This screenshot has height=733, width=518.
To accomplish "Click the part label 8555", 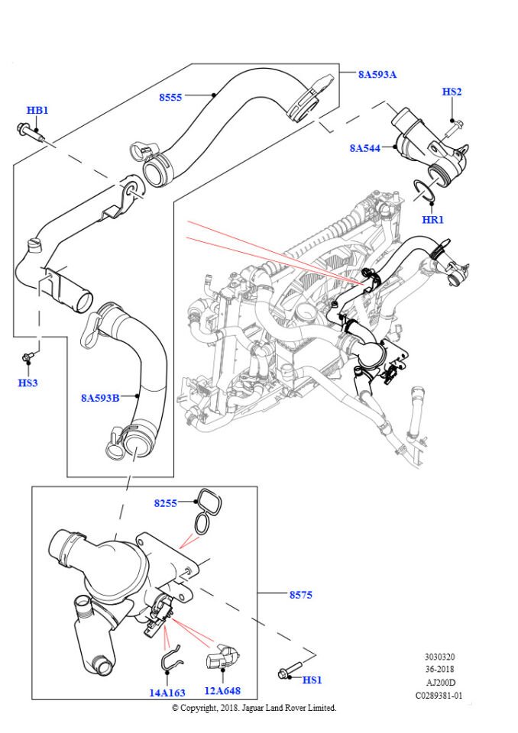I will pyautogui.click(x=171, y=97).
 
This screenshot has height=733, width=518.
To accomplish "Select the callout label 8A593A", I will pyautogui.click(x=377, y=74).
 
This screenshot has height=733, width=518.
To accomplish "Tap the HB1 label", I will pyautogui.click(x=37, y=110).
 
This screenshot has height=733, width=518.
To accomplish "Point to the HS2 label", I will pyautogui.click(x=452, y=92).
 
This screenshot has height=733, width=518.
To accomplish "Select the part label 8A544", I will pyautogui.click(x=364, y=147).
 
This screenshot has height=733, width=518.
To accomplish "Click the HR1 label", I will pyautogui.click(x=432, y=220).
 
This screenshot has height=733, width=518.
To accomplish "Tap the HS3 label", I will pyautogui.click(x=28, y=383).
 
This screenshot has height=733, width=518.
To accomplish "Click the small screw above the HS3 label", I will pyautogui.click(x=30, y=357).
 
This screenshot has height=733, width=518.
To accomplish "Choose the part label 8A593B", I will pyautogui.click(x=100, y=398).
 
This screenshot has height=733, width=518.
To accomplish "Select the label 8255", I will pyautogui.click(x=165, y=503).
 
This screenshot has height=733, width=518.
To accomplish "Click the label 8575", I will pyautogui.click(x=300, y=594).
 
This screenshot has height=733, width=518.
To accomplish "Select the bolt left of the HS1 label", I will pyautogui.click(x=286, y=674).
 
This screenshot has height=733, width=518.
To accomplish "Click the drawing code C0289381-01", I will pyautogui.click(x=439, y=696).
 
